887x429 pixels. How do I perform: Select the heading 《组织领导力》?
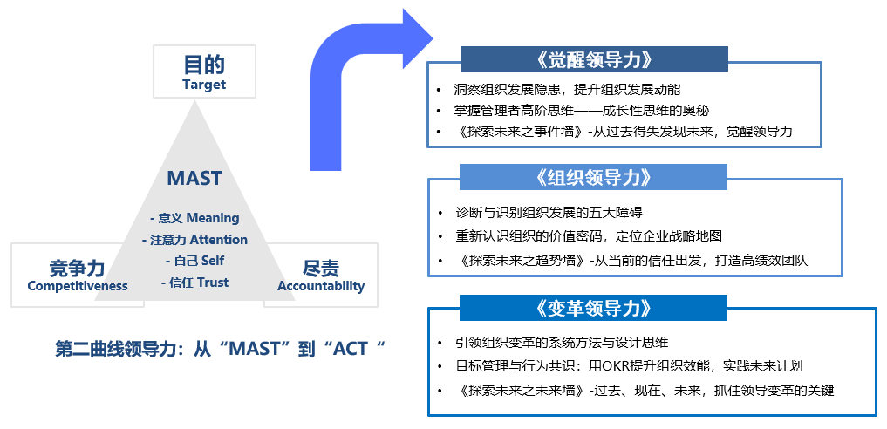pos(594,177)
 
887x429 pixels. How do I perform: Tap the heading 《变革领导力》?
pos(594,308)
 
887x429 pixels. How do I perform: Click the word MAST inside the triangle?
pos(194,179)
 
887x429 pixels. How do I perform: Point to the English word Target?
pos(204,85)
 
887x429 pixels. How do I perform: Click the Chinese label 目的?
pos(204,65)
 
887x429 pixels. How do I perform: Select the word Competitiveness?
pos(78,286)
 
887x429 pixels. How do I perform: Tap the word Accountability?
pos(321,286)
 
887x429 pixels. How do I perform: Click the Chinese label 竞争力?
pos(78,268)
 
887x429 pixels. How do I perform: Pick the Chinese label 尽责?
pos(321,268)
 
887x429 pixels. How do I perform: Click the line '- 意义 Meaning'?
pos(194,218)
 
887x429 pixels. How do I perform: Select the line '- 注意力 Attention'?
pos(194,239)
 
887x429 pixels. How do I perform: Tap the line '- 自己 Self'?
pos(194,261)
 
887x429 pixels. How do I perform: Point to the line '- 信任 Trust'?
pos(194,282)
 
